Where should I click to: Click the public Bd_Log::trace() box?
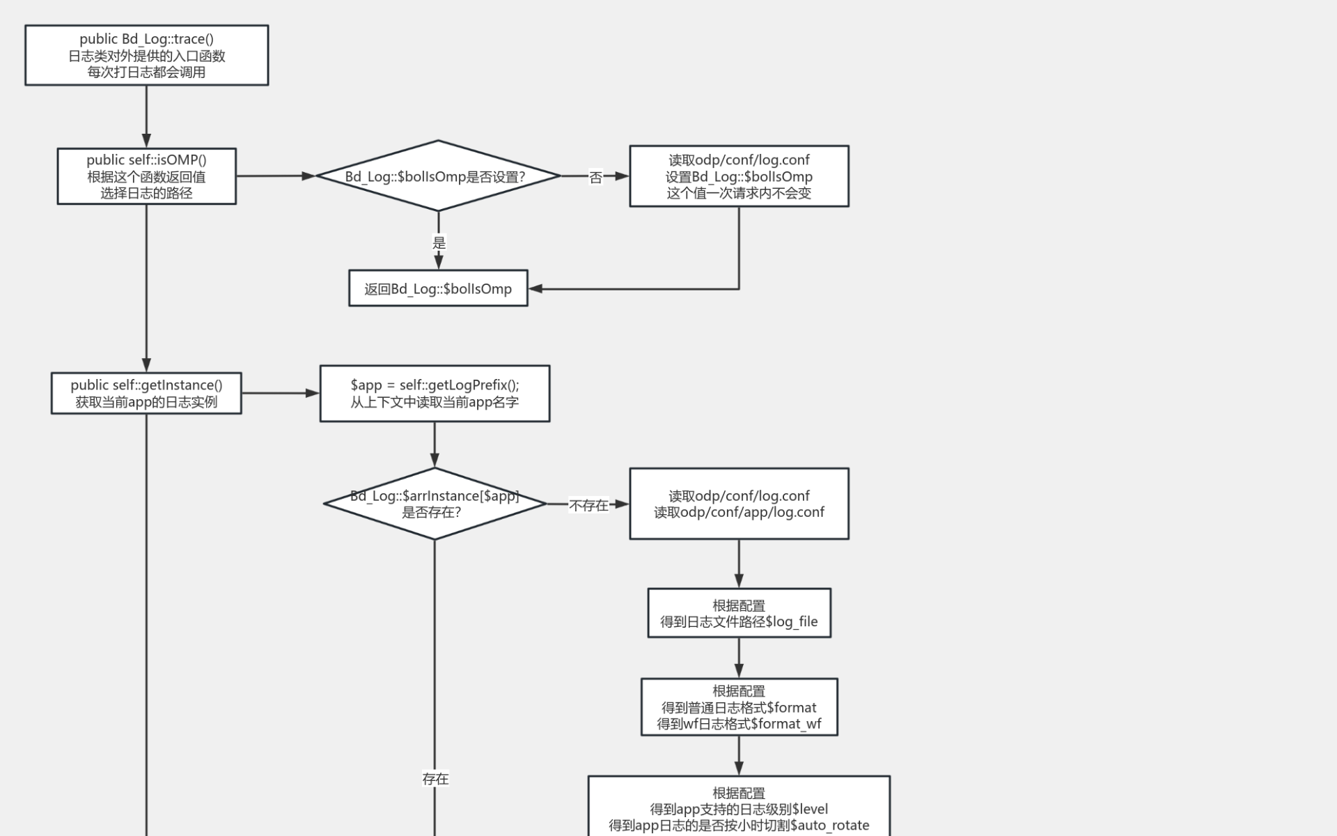click(146, 56)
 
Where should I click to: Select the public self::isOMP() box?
click(146, 176)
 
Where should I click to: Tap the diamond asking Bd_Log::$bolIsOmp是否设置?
click(438, 176)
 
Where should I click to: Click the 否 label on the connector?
click(595, 178)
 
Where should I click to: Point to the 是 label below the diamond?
click(439, 243)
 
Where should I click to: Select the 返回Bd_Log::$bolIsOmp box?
click(438, 288)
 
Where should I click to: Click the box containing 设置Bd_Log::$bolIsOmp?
click(739, 176)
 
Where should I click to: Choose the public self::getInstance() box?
click(146, 394)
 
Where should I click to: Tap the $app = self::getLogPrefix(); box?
click(435, 394)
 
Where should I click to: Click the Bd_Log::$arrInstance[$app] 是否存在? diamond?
click(435, 504)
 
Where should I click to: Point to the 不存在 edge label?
click(588, 505)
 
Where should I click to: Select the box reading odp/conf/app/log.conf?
click(739, 504)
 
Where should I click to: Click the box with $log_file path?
click(739, 613)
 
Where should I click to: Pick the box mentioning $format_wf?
click(739, 707)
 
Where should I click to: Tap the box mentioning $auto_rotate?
click(739, 808)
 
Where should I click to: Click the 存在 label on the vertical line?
click(435, 779)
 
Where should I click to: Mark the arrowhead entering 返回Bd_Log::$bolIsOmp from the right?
click(535, 288)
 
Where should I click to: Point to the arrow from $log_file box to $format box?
click(739, 658)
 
